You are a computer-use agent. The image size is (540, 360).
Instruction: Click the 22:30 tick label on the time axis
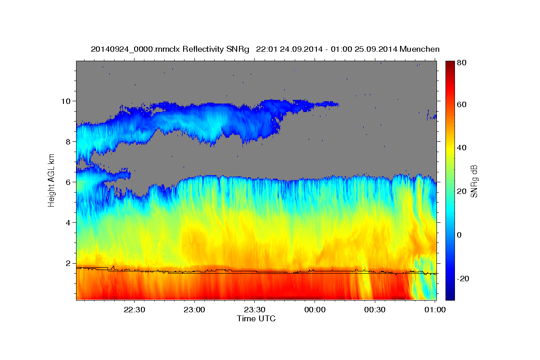click(135, 310)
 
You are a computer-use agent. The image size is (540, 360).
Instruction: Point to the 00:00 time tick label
click(315, 310)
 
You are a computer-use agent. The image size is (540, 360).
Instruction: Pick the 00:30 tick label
click(375, 310)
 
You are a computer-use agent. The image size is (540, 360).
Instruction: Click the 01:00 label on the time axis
click(435, 310)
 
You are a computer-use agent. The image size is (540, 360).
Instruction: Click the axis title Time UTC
click(256, 319)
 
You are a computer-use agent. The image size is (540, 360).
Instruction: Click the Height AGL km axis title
click(52, 180)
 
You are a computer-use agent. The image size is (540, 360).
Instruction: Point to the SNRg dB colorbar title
click(474, 180)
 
